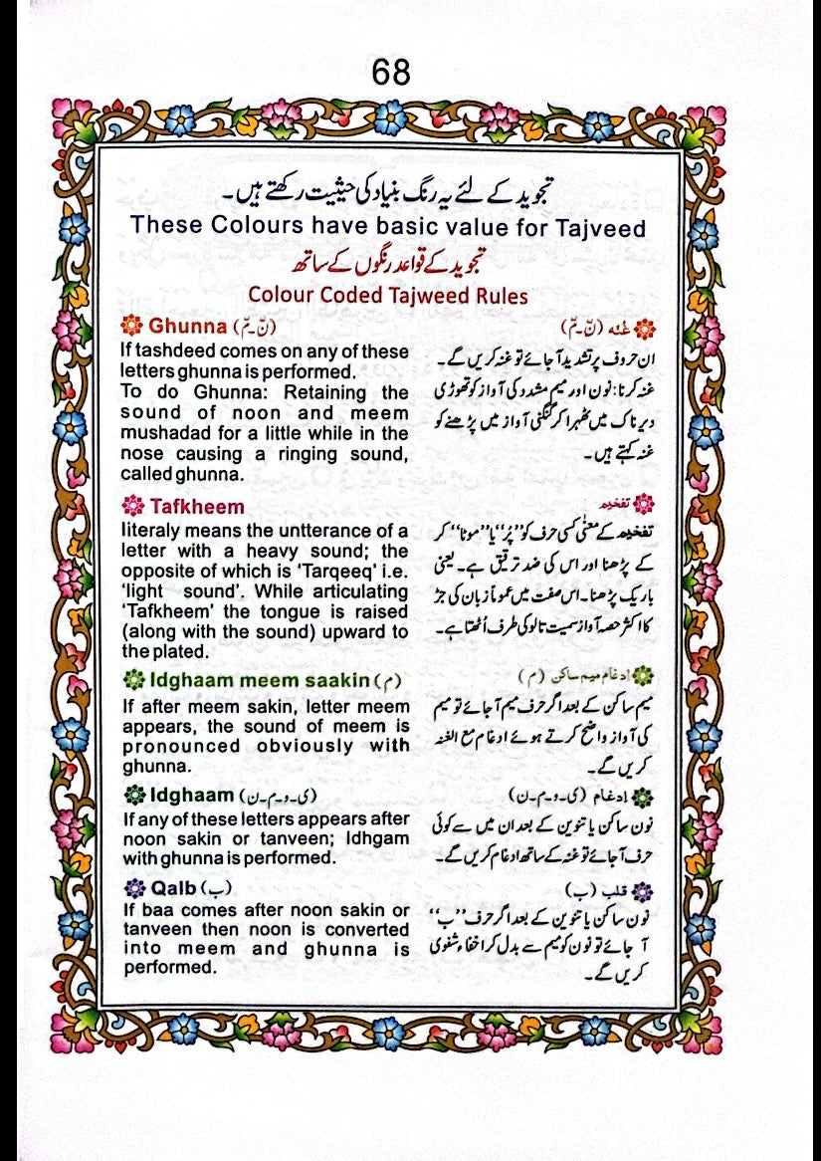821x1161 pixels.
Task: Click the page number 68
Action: point(390,74)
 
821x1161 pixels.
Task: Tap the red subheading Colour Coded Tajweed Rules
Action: point(388,296)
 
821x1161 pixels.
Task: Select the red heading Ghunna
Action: point(186,327)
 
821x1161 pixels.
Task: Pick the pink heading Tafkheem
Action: point(196,508)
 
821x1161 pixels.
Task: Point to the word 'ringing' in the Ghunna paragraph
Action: point(293,455)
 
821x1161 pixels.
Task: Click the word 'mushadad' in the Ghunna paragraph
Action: point(162,433)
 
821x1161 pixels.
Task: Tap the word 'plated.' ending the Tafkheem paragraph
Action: point(179,651)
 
